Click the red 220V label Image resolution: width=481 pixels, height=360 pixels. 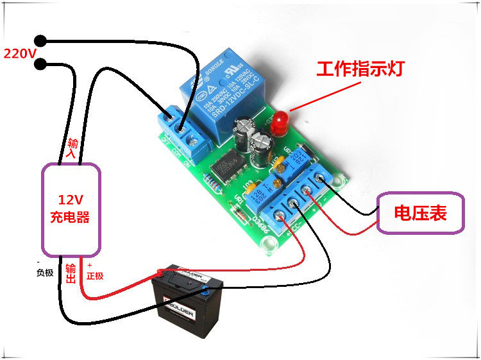(x=20, y=53)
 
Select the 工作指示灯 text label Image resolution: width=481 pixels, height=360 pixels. (x=360, y=69)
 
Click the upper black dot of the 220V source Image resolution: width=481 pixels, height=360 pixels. (x=42, y=40)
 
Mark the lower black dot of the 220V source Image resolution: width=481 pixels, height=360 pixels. (x=42, y=64)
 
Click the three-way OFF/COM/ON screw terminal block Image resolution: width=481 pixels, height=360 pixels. (x=182, y=131)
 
